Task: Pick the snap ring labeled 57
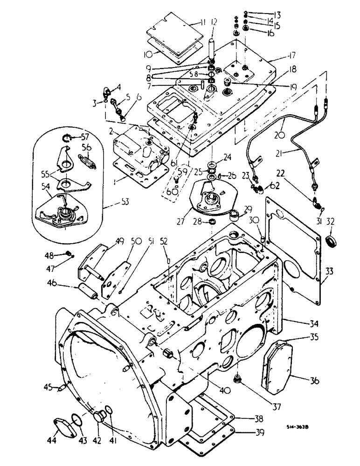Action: (x=69, y=137)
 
